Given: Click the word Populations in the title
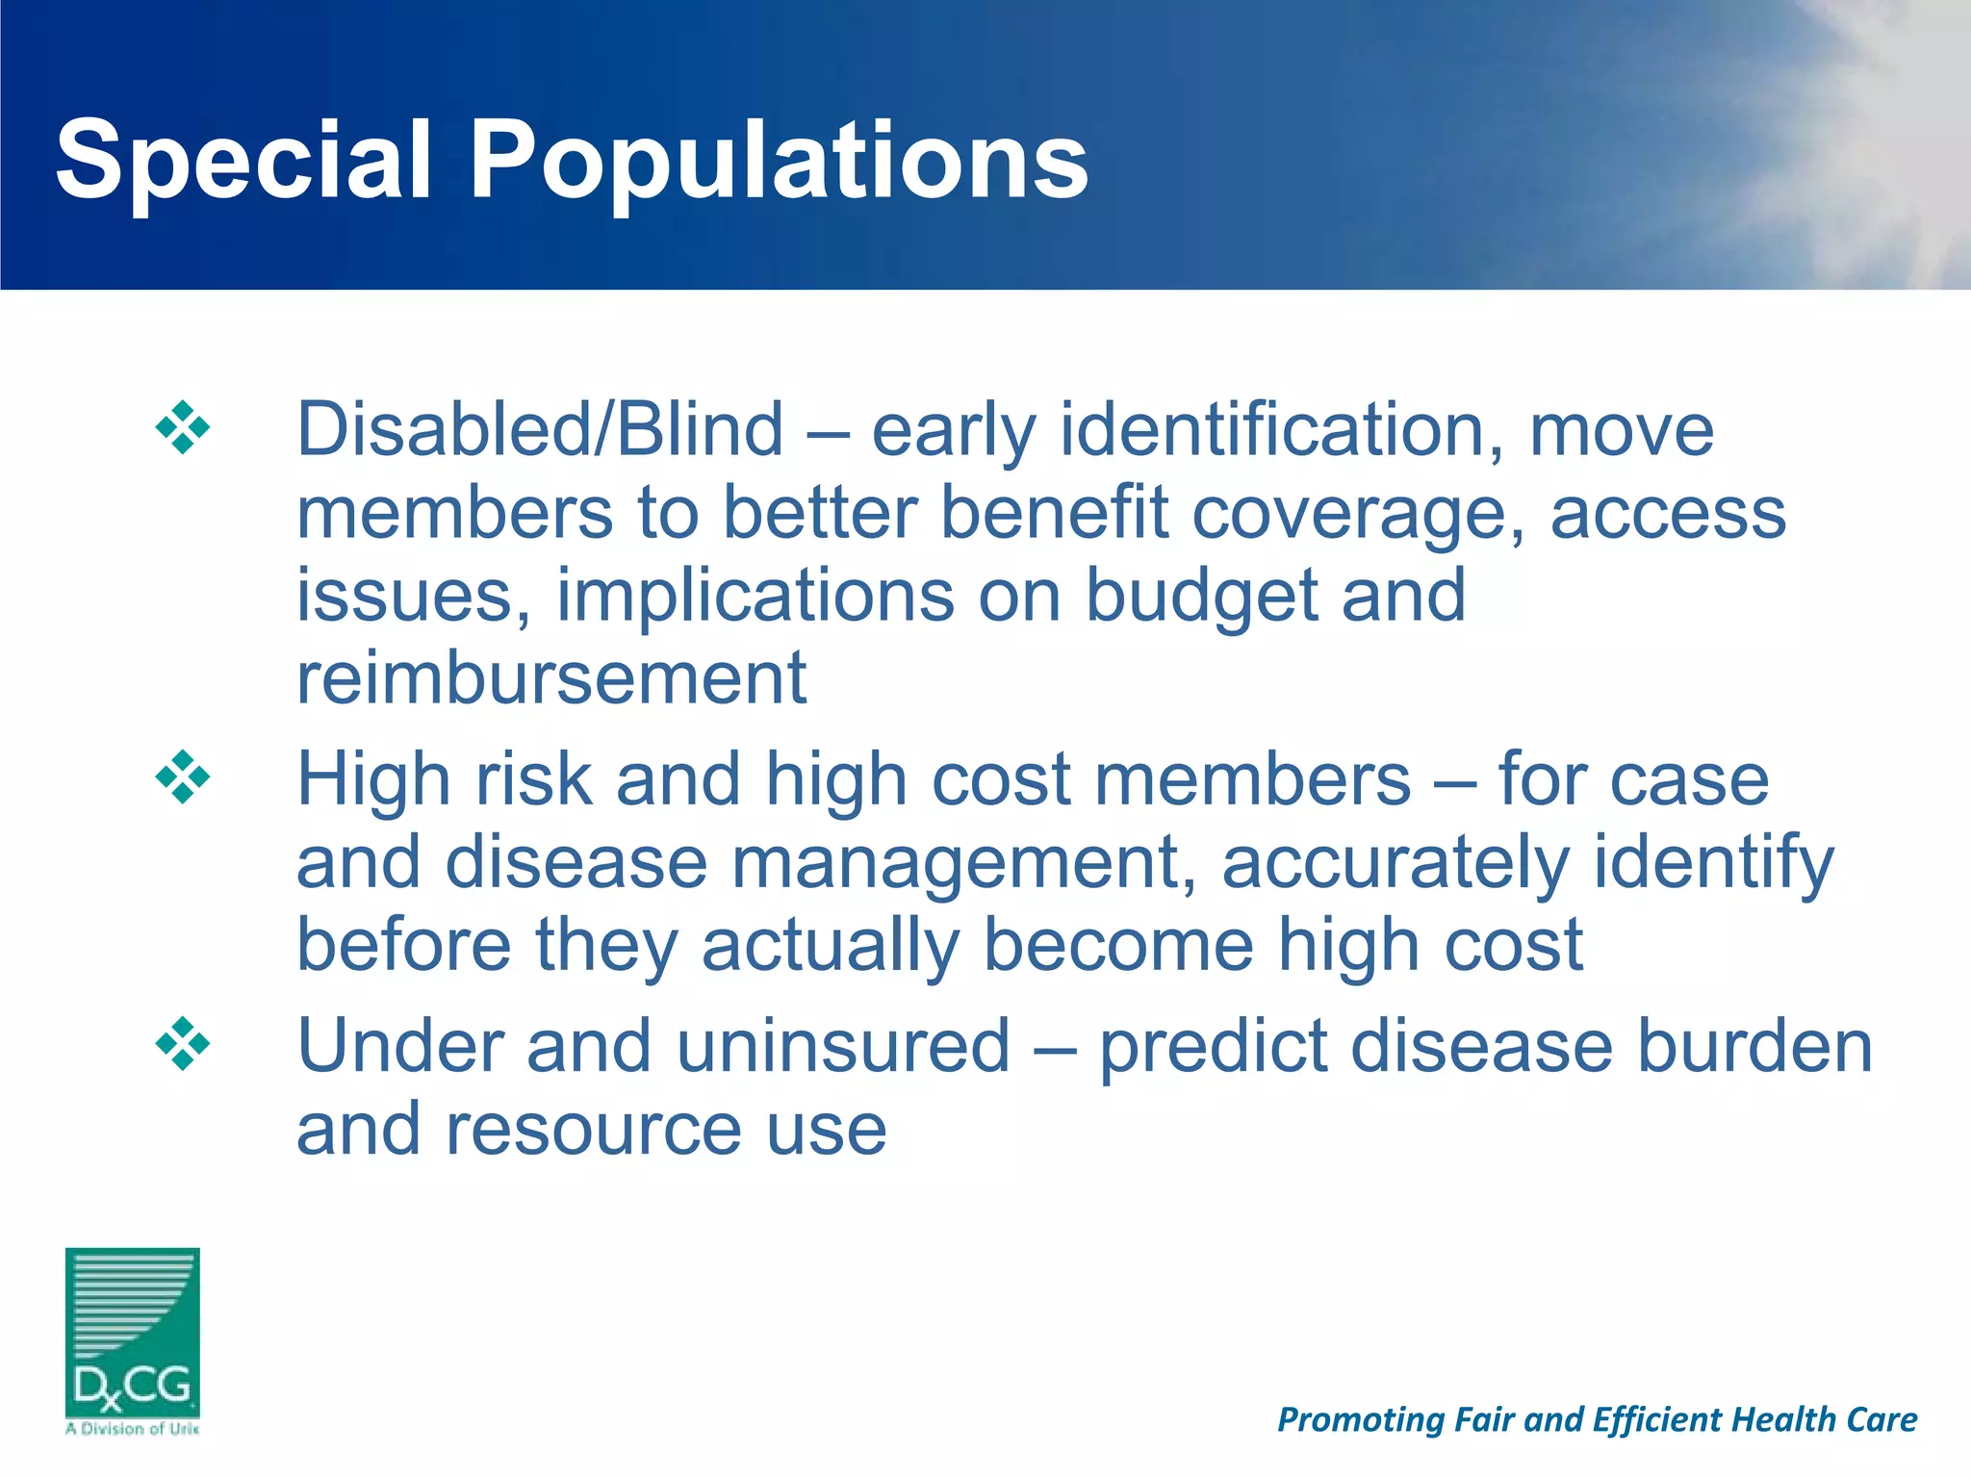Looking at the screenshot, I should coord(779,161).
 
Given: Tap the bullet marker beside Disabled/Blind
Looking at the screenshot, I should coord(182,427).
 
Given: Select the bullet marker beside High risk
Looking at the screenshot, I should coord(182,777).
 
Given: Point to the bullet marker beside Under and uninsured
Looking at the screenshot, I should coord(182,1043).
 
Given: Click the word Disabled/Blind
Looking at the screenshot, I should coord(540,429).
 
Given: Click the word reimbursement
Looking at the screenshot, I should coord(551,677).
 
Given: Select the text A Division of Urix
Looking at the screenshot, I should coord(132,1429).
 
